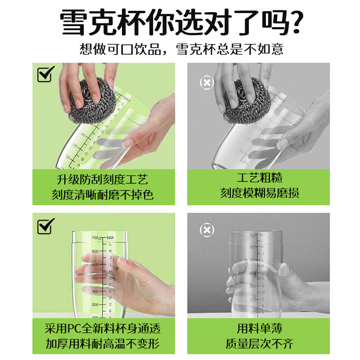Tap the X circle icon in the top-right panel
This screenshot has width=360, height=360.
tap(207, 83)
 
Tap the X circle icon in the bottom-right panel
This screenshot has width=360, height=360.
tap(207, 230)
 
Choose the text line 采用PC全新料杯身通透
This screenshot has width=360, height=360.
tap(103, 328)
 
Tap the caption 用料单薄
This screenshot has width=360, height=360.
tap(259, 328)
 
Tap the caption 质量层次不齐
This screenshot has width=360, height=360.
tap(259, 344)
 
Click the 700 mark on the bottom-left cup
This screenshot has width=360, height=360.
tap(95, 238)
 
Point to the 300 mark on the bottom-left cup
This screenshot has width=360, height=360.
tap(95, 292)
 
